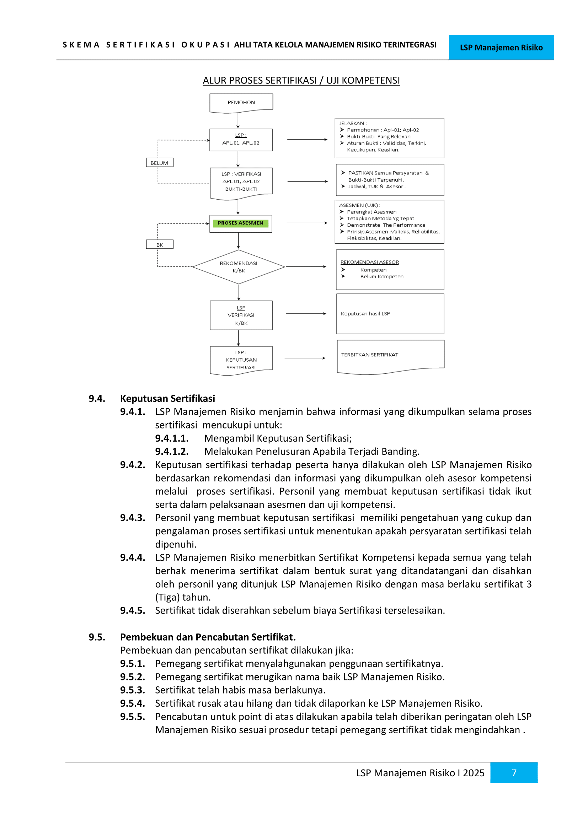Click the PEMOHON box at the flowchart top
pyautogui.click(x=241, y=103)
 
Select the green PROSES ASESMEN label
pyautogui.click(x=240, y=223)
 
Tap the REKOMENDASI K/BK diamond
pyautogui.click(x=239, y=267)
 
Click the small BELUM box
pyautogui.click(x=159, y=163)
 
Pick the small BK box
pyautogui.click(x=160, y=245)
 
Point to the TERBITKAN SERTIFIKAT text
pyautogui.click(x=369, y=355)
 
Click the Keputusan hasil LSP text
pyautogui.click(x=365, y=313)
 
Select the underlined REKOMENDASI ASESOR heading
pyautogui.click(x=369, y=262)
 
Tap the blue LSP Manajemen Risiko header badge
pyautogui.click(x=501, y=47)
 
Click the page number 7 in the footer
pyautogui.click(x=513, y=773)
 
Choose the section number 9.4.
pyautogui.click(x=97, y=399)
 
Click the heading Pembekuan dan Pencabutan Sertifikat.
pyautogui.click(x=208, y=637)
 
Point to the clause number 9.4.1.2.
pyautogui.click(x=172, y=451)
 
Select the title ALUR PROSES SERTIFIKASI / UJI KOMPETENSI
pyautogui.click(x=301, y=80)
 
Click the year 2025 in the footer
pyautogui.click(x=473, y=773)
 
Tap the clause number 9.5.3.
pyautogui.click(x=133, y=690)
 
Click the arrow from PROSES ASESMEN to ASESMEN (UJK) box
pyautogui.click(x=307, y=223)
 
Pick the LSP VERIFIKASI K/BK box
pyautogui.click(x=241, y=315)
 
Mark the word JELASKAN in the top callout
pyautogui.click(x=351, y=123)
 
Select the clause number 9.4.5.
pyautogui.click(x=133, y=610)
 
